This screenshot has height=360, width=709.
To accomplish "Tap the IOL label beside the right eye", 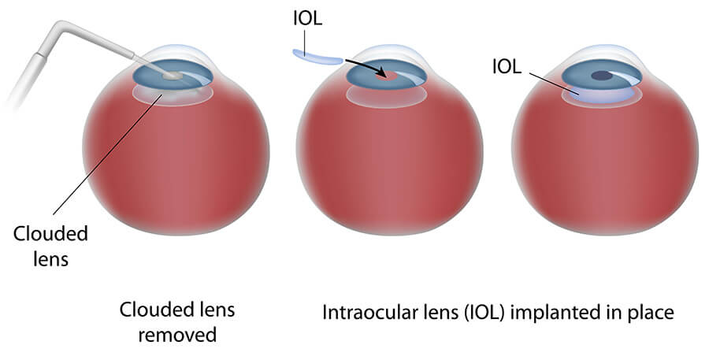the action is coord(507,67).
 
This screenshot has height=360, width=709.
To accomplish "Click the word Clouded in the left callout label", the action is coord(50,234).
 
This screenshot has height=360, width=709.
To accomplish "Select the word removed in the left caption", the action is coord(177,335).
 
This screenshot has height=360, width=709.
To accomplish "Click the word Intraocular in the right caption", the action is coord(366,312).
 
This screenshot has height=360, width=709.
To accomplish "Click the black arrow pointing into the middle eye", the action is coord(366,67).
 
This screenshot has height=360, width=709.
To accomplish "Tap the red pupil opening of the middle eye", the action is coord(386,77).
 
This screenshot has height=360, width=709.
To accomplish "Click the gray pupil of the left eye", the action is coord(173,76).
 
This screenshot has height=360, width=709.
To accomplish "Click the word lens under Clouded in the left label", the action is coord(50,259).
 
